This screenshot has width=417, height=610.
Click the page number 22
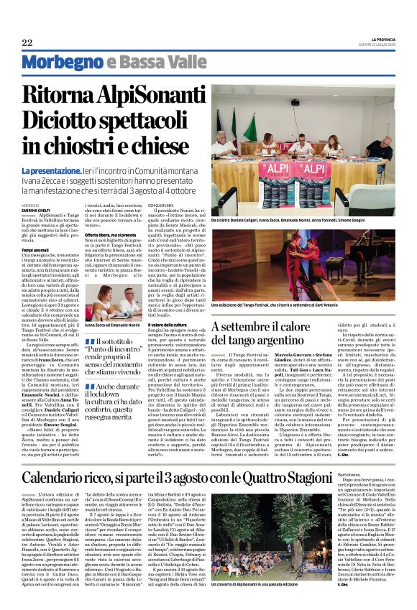[27, 44]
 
